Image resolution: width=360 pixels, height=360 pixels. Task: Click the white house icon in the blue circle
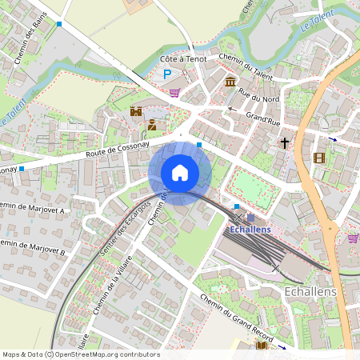[x=180, y=172]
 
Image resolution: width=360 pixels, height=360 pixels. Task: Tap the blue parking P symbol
[x=167, y=74]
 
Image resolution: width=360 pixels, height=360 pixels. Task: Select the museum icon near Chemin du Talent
[x=230, y=82]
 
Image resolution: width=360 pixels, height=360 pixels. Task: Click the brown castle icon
[x=136, y=110]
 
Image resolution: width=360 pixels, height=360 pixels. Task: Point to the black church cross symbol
[x=284, y=143]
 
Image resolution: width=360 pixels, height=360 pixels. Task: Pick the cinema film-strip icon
[x=319, y=158]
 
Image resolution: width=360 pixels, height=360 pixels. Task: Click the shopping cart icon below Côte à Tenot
[x=174, y=92]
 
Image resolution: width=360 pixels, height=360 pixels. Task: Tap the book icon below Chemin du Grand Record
[x=261, y=346]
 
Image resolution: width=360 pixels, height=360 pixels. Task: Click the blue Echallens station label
[x=250, y=230]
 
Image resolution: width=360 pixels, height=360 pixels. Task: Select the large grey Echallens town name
[x=310, y=292]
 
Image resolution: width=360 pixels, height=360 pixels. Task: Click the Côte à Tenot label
[x=182, y=59]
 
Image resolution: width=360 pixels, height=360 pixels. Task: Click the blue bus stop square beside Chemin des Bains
[x=59, y=24]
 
